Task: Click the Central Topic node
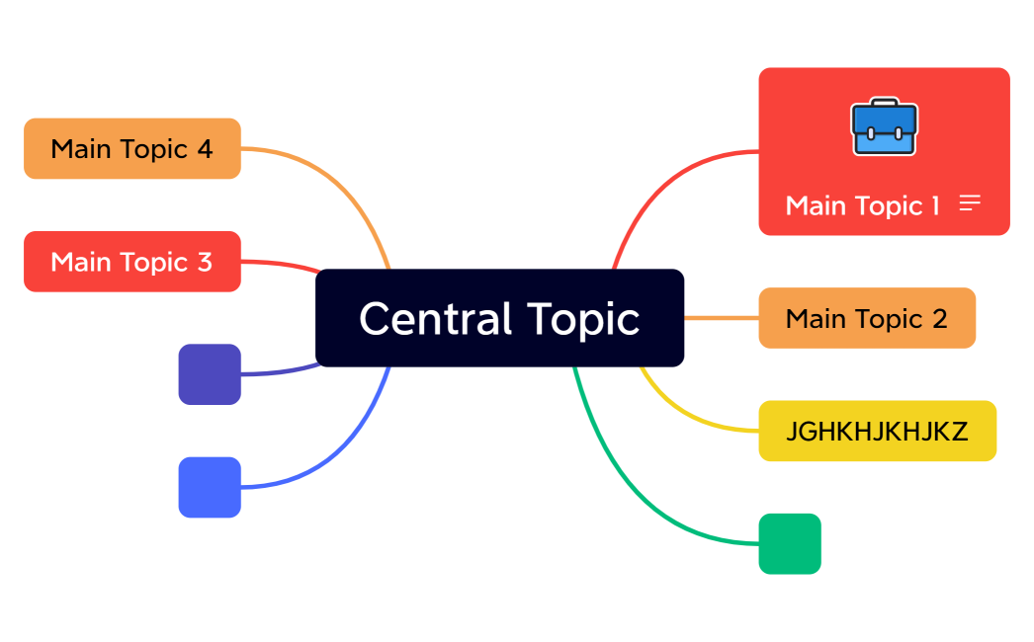499,318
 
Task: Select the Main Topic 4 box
131,149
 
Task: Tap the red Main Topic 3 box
131,262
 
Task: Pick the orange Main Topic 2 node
866,318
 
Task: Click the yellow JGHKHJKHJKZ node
877,431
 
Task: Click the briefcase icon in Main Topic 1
884,127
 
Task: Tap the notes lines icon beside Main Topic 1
970,203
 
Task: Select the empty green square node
790,543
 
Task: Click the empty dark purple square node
210,374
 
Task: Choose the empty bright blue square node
210,487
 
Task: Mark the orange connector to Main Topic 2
722,318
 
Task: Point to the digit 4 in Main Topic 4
205,149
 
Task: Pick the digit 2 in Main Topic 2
939,318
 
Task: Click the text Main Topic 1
862,205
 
